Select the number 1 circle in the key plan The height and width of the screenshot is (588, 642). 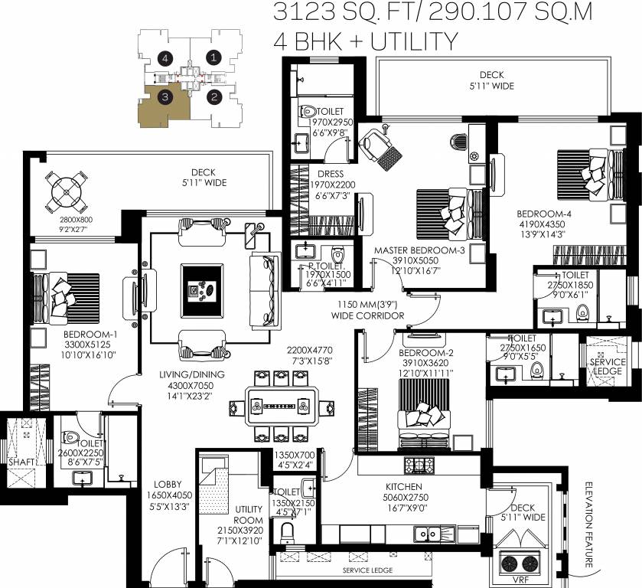(x=214, y=57)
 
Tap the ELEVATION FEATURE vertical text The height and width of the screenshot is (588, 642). (x=589, y=524)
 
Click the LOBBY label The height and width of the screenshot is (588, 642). (x=167, y=484)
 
